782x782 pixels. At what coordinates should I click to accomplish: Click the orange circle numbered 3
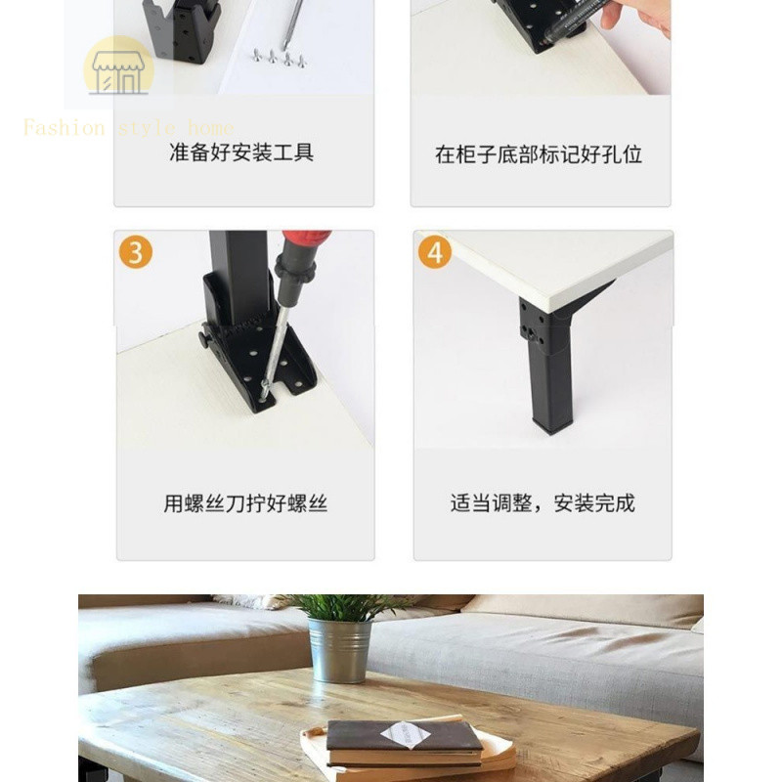tap(136, 252)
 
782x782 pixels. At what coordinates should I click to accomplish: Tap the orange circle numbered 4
tap(435, 252)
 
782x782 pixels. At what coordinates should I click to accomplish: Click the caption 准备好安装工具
tap(241, 152)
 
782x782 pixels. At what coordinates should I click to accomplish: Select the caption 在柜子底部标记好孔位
tap(539, 154)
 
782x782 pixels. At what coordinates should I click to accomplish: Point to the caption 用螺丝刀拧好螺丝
tap(245, 503)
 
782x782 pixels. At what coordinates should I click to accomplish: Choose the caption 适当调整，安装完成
tap(543, 503)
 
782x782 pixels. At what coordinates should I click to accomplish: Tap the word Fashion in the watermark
tap(64, 128)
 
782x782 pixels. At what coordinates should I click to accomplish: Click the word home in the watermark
tap(211, 128)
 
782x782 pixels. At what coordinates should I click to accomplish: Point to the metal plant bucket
tap(340, 650)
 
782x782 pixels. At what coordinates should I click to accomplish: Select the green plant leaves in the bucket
tap(344, 606)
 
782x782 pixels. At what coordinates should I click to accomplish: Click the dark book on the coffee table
tap(403, 741)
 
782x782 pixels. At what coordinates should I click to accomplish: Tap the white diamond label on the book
tap(406, 735)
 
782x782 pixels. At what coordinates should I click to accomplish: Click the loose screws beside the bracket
tap(280, 58)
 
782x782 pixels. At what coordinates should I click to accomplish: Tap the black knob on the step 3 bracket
tap(206, 339)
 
